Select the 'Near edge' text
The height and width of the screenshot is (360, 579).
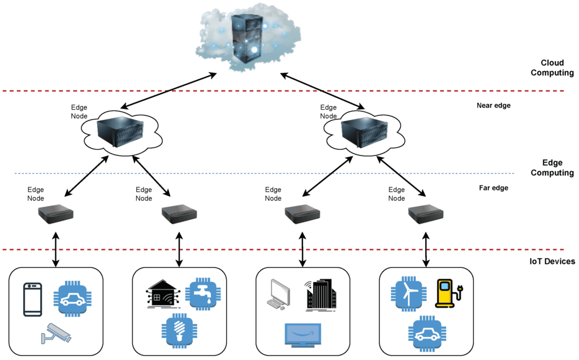point(494,105)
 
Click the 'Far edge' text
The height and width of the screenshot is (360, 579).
point(492,188)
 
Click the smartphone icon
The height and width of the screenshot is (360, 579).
point(32,299)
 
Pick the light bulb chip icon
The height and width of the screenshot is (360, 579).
point(179,331)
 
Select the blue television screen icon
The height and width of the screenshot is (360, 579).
point(301,335)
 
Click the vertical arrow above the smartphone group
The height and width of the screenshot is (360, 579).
point(55,249)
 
